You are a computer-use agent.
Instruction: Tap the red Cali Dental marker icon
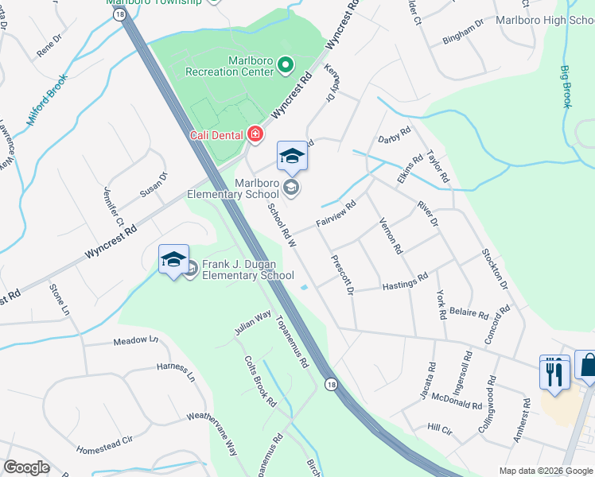coord(255,134)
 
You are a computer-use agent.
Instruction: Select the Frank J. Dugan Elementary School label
coord(247,270)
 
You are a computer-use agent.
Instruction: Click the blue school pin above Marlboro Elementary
coord(292,157)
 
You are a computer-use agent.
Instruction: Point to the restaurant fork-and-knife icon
coord(555,371)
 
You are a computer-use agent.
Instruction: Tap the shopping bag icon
coord(587,366)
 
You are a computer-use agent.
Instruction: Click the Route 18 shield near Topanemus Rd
coord(330,384)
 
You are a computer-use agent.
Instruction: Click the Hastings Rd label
coord(405,280)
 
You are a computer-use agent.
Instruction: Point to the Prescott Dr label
coord(343,274)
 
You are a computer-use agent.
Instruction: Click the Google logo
coord(27,467)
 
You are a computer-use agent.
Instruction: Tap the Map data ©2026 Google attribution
coord(545,471)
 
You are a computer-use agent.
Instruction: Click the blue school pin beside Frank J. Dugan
coord(173,260)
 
